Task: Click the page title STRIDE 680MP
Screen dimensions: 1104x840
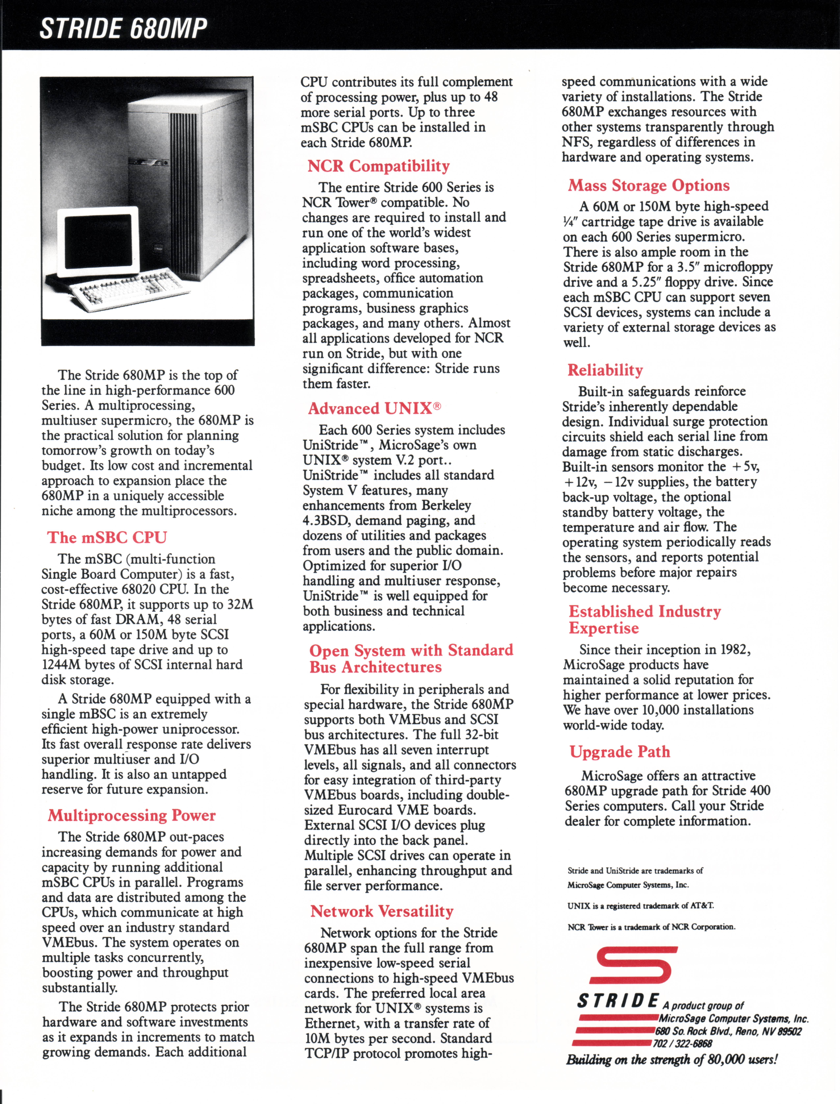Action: (x=123, y=28)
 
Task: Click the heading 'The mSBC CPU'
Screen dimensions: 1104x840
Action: (x=107, y=537)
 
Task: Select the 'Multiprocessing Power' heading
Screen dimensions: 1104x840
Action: (x=131, y=816)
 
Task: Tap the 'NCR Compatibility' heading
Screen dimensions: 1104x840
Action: (x=379, y=166)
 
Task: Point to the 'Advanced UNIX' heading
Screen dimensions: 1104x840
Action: (x=374, y=408)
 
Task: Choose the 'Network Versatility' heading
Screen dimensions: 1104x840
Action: (x=381, y=911)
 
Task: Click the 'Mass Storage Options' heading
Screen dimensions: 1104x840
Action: (x=648, y=185)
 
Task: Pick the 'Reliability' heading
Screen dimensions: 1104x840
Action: (x=605, y=370)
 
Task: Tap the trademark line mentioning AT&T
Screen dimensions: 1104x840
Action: (x=641, y=906)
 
